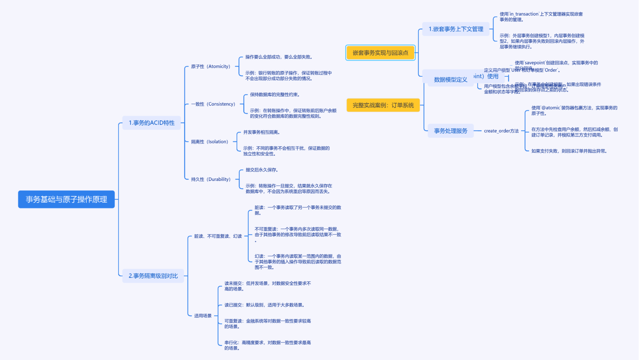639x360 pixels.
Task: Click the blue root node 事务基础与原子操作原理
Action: tap(66, 199)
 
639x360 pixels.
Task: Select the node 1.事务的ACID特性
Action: tap(151, 123)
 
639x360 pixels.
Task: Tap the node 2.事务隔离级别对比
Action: tap(153, 276)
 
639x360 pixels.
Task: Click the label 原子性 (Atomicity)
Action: tap(211, 66)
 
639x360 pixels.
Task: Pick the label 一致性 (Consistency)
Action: tap(213, 104)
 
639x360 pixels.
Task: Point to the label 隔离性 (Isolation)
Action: tap(210, 142)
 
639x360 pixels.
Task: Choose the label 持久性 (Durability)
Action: tap(211, 179)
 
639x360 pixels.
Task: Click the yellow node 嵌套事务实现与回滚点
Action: tap(380, 53)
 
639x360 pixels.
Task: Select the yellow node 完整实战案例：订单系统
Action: tap(383, 105)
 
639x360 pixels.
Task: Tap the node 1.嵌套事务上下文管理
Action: tap(456, 29)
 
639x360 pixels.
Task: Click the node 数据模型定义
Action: tap(450, 80)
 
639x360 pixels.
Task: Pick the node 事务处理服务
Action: tap(450, 131)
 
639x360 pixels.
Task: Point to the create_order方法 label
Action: tap(501, 131)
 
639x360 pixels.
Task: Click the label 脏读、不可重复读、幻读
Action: tap(218, 236)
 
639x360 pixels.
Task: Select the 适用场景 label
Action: tap(203, 316)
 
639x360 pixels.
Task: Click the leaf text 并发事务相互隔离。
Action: tap(262, 132)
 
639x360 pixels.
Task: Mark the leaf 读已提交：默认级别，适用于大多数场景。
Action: tap(264, 305)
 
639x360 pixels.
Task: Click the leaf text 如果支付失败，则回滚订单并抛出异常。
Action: tap(569, 151)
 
